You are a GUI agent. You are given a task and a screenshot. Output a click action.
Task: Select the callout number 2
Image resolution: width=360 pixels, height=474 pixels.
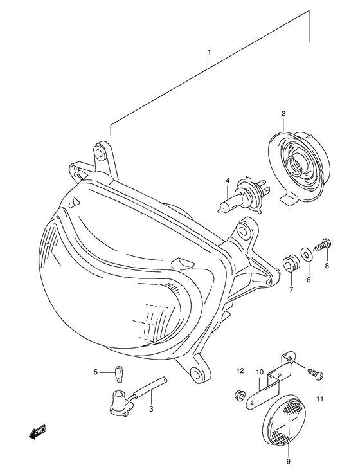click(x=282, y=114)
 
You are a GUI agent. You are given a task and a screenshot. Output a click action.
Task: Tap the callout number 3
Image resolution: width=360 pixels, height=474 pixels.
click(x=152, y=408)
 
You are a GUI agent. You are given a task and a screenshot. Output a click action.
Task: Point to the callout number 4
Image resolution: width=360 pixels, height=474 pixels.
click(x=227, y=182)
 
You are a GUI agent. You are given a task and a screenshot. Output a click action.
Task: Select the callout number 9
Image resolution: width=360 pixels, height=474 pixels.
click(x=288, y=460)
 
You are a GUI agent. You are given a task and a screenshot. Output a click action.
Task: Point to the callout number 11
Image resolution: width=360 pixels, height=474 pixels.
click(x=319, y=398)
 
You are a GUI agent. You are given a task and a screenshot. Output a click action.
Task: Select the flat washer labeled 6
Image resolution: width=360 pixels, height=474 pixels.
click(x=307, y=255)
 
